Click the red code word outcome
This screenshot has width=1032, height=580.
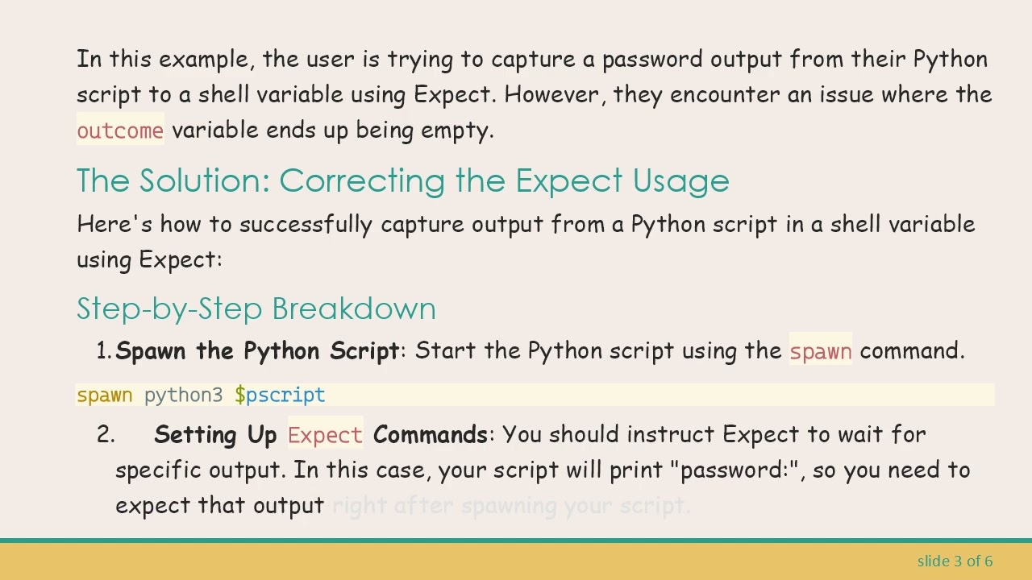click(120, 130)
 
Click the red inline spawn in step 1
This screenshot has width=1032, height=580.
click(820, 351)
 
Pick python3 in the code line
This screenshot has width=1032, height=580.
click(183, 395)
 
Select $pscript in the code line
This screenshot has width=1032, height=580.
click(280, 395)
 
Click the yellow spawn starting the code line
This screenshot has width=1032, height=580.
click(104, 395)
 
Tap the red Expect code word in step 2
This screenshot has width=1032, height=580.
click(325, 435)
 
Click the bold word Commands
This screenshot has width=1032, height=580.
click(430, 435)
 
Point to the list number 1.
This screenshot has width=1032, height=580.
click(103, 351)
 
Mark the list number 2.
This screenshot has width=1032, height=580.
click(105, 435)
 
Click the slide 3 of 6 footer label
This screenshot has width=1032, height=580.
click(955, 561)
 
